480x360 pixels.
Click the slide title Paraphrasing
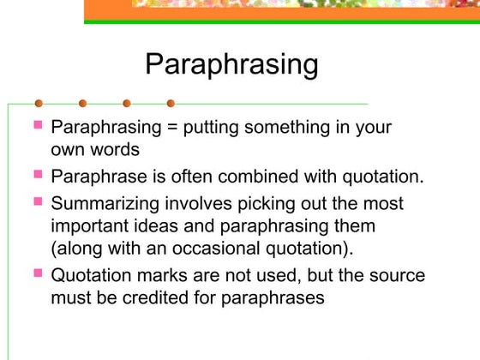click(231, 64)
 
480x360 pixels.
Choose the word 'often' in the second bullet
click(202, 177)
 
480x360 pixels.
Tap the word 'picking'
click(242, 205)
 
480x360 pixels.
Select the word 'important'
click(89, 226)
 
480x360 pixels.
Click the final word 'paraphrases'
click(283, 298)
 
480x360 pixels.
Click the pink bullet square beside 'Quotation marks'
click(38, 273)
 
